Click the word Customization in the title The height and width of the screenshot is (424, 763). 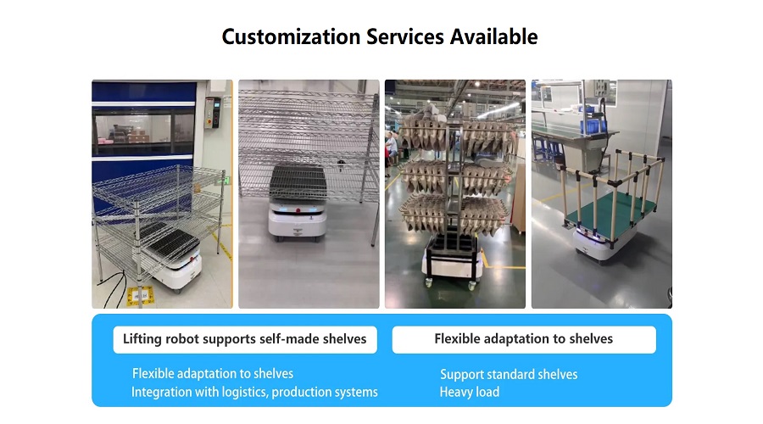(x=291, y=37)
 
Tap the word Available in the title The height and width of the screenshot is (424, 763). (x=493, y=37)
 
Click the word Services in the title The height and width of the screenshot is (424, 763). (x=405, y=37)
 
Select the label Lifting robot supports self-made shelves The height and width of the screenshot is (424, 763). (x=245, y=339)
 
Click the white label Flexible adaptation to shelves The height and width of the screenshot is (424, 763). (x=524, y=339)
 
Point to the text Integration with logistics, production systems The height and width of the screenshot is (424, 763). (x=254, y=393)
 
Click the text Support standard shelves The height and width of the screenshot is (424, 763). (x=509, y=374)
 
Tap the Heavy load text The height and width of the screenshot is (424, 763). (x=470, y=393)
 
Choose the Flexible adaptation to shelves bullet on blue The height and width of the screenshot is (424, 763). (x=213, y=374)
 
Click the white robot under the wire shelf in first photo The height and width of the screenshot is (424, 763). (x=170, y=257)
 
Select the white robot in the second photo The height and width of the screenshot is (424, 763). (x=298, y=204)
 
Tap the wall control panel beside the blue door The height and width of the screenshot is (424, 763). (x=213, y=113)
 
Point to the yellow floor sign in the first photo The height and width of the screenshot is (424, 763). (x=140, y=295)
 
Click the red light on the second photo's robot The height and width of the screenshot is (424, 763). (x=298, y=211)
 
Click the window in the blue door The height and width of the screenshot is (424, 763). (x=143, y=129)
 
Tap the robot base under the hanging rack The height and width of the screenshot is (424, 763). (x=452, y=262)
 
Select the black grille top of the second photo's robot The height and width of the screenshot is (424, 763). (x=298, y=182)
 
